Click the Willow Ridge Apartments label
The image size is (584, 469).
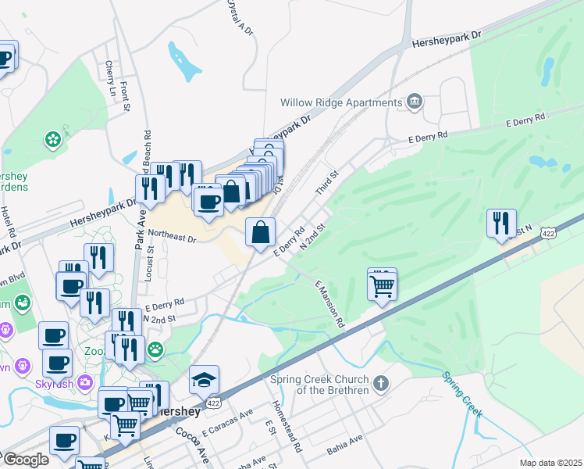(341, 102)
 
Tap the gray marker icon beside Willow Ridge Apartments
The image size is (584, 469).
(414, 102)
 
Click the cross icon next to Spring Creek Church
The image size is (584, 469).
(380, 384)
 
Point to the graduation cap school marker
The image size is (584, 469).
(204, 380)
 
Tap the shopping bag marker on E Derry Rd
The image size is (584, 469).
(261, 232)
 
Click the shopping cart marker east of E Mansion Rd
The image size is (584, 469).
(382, 285)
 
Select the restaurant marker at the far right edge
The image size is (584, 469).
(501, 223)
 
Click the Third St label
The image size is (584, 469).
(326, 185)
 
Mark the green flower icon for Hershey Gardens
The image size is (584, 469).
(53, 140)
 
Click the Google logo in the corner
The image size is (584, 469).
(25, 460)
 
